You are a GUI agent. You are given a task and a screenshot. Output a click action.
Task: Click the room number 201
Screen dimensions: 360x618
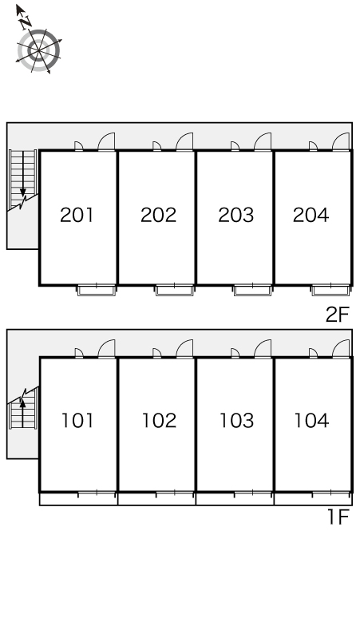pyautogui.click(x=77, y=215)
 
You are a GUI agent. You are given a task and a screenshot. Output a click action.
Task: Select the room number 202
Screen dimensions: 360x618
pyautogui.click(x=158, y=215)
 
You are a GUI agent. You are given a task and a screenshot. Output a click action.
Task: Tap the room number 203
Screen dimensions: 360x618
pyautogui.click(x=236, y=215)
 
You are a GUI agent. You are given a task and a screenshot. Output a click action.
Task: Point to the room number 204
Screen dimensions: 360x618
pyautogui.click(x=311, y=215)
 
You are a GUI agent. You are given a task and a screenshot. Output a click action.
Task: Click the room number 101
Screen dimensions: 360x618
pyautogui.click(x=77, y=421)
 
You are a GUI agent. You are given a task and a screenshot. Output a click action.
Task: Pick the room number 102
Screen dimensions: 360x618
pyautogui.click(x=159, y=421)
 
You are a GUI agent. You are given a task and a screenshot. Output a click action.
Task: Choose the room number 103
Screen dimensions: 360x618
pyautogui.click(x=236, y=421)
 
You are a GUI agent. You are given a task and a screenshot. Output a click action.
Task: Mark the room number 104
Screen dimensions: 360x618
pyautogui.click(x=311, y=421)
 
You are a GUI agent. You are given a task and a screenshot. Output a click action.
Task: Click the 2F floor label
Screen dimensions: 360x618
pyautogui.click(x=338, y=315)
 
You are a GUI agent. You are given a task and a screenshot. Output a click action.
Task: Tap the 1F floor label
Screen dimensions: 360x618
pyautogui.click(x=338, y=517)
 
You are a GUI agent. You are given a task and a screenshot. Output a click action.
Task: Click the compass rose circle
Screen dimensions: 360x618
pyautogui.click(x=38, y=51)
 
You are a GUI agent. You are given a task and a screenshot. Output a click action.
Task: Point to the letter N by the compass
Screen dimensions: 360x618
pyautogui.click(x=26, y=22)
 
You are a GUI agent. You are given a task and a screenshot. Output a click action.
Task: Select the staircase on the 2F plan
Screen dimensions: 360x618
pyautogui.click(x=23, y=180)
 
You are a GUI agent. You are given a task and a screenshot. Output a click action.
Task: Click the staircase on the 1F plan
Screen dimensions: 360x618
pyautogui.click(x=23, y=409)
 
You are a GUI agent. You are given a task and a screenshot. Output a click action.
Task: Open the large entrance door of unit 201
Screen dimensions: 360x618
pyautogui.click(x=106, y=141)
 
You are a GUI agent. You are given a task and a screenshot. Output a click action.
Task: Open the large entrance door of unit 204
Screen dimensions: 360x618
pyautogui.click(x=341, y=141)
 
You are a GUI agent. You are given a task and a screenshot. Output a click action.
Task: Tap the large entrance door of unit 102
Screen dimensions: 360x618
pyautogui.click(x=184, y=348)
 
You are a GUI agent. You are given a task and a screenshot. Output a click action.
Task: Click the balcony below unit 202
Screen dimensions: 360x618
pyautogui.click(x=175, y=291)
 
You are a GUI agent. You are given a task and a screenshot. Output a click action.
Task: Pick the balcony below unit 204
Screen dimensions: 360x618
pyautogui.click(x=330, y=291)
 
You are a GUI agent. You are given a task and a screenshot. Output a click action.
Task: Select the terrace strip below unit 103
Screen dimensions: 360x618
pyautogui.click(x=235, y=498)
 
